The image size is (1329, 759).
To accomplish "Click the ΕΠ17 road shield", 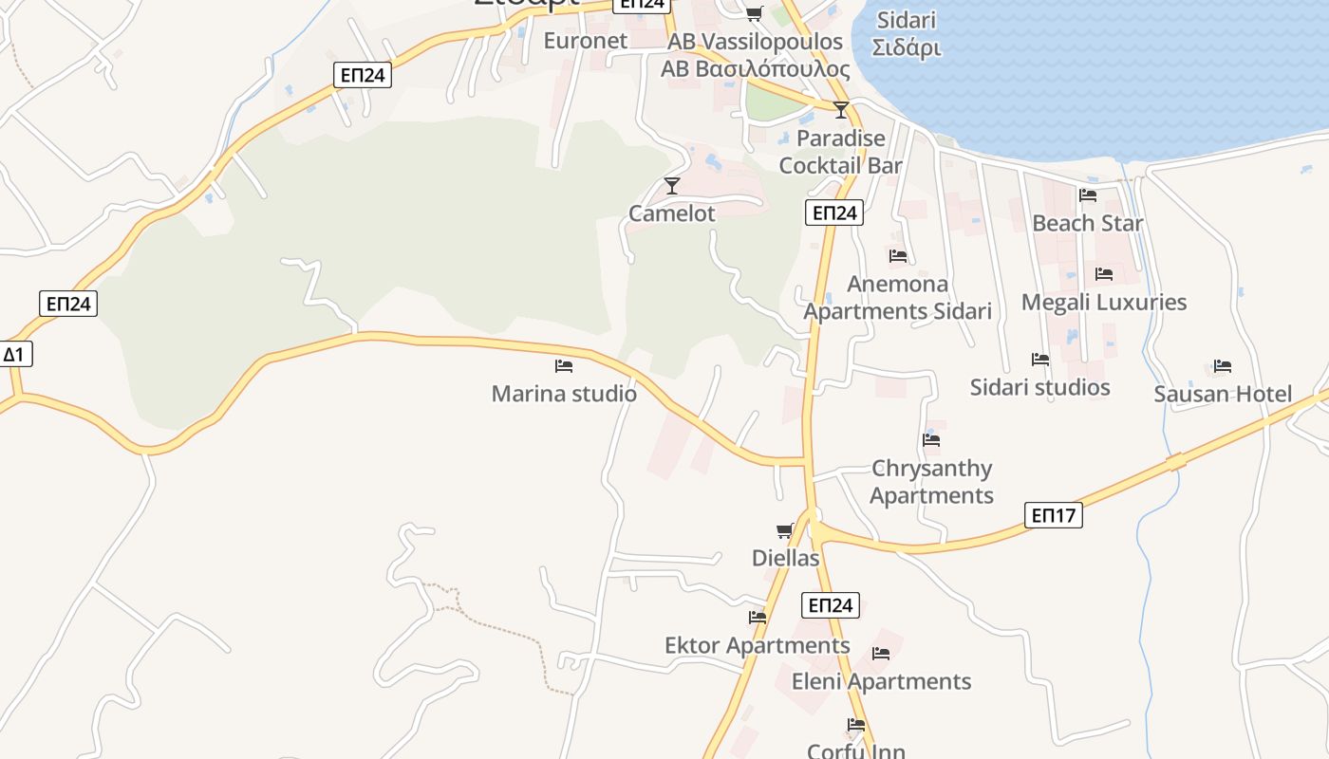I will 1054,516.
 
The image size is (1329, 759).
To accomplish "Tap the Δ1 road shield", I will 14,355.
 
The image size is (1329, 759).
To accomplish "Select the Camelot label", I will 672,213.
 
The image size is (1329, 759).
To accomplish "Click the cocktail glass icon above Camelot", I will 672,185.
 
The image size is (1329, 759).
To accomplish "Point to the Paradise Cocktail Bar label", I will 840,152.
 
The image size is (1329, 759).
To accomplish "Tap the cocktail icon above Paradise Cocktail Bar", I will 841,110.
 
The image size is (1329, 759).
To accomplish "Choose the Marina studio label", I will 564,393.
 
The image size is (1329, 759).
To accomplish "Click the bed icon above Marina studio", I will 564,365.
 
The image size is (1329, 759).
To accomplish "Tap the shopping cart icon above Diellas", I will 785,530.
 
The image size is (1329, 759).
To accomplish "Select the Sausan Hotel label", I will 1223,394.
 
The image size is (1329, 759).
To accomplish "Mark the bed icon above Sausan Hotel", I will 1223,366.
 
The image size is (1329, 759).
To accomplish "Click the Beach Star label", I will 1088,223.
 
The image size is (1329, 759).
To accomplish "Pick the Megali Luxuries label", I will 1104,303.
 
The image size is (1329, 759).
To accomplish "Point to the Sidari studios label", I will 1040,387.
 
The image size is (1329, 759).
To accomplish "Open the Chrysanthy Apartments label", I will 931,482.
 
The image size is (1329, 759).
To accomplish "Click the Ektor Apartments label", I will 758,646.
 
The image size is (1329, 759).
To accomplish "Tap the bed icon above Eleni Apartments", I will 881,654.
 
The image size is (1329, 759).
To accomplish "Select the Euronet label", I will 586,41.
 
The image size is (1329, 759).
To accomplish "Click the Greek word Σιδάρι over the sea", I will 907,47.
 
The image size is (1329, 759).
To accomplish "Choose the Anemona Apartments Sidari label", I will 898,298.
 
